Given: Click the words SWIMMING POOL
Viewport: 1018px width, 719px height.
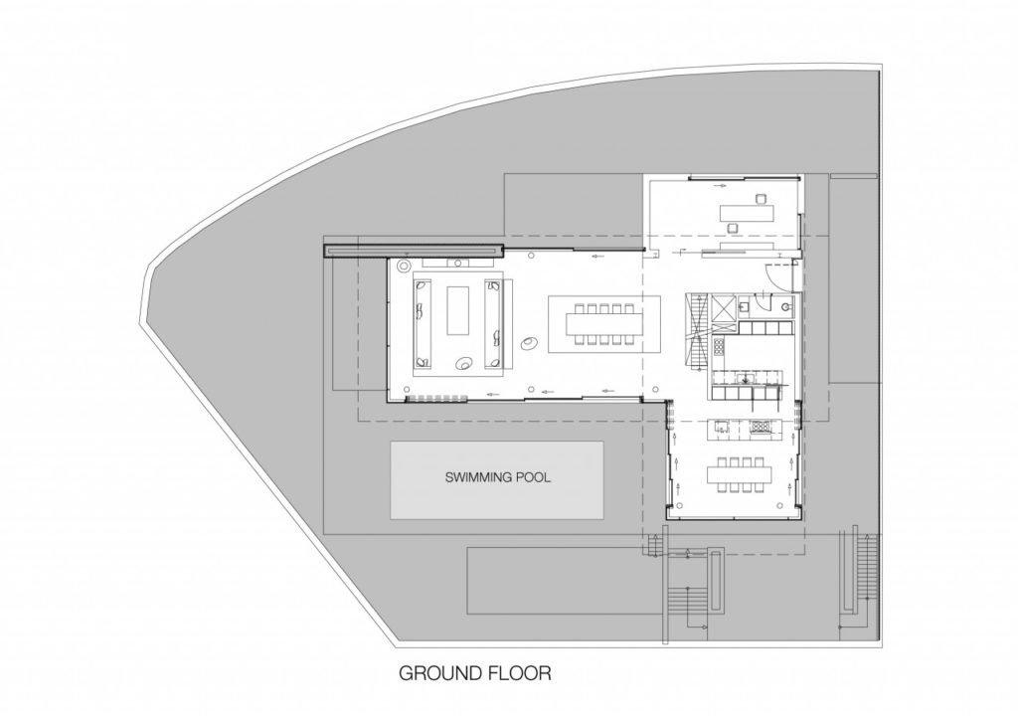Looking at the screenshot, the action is [497, 478].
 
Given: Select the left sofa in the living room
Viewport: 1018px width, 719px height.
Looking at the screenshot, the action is [422, 323].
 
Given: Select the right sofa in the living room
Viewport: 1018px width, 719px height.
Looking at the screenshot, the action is [495, 323].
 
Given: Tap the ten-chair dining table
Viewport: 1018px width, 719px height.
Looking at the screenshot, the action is [603, 324].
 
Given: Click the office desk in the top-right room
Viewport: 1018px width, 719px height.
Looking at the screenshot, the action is [748, 212].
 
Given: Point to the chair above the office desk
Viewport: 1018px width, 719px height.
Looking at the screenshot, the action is [760, 198].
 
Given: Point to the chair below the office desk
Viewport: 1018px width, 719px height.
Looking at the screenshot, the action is [733, 227].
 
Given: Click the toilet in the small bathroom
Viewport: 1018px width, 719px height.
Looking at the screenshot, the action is [787, 304].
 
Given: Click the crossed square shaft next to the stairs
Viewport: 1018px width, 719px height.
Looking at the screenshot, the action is [724, 307].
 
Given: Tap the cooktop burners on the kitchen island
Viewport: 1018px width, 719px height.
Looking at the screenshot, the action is [759, 427].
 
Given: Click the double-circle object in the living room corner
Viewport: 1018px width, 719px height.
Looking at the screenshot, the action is [404, 266].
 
